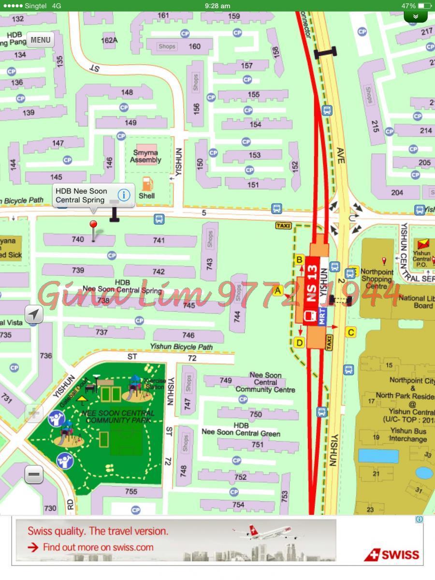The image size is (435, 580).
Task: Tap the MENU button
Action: point(40,40)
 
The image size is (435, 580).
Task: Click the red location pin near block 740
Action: point(93,225)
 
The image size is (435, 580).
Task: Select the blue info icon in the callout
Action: point(124,195)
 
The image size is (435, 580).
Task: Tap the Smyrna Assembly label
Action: point(145,156)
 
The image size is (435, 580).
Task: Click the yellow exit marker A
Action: point(277,290)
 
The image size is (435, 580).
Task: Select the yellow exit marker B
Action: point(299,260)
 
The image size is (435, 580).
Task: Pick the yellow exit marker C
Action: point(351,332)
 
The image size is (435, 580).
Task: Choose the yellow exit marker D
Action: point(299,343)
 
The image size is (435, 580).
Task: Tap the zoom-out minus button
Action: point(34,475)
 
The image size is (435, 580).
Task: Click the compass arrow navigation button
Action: point(33,315)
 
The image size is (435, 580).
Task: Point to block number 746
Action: point(188,335)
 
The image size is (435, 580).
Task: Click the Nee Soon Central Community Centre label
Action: point(265,382)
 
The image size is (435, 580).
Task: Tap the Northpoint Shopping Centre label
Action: point(377,279)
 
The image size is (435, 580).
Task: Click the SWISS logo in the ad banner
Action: point(392,554)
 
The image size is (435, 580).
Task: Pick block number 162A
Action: point(109,40)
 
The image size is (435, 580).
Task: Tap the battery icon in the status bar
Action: point(424,6)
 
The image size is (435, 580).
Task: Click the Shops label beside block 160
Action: point(167,46)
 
